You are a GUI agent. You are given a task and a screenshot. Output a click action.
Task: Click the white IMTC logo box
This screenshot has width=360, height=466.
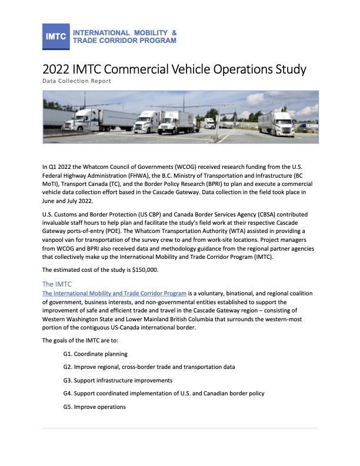(56, 36)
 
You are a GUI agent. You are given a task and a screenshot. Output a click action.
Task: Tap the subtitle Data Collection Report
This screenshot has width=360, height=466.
(77, 81)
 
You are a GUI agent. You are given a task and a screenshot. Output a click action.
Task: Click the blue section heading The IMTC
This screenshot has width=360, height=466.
(58, 284)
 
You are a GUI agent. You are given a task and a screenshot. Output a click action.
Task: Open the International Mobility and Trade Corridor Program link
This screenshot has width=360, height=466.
(115, 293)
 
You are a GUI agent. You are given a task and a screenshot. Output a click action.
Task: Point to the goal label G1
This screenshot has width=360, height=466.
(68, 354)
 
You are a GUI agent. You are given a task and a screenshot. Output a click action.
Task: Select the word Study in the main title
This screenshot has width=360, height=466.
(286, 69)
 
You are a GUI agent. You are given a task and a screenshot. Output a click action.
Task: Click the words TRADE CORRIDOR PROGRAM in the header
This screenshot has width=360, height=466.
(124, 41)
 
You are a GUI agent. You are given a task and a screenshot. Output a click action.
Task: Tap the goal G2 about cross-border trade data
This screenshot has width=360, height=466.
(149, 367)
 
